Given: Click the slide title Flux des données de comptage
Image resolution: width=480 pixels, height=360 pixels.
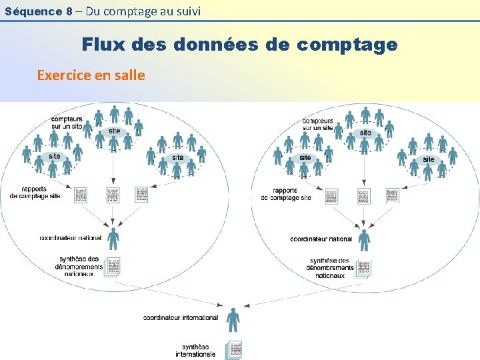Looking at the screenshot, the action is click(x=239, y=45).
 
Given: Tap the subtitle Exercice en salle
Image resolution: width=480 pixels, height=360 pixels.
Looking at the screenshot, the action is click(x=91, y=75).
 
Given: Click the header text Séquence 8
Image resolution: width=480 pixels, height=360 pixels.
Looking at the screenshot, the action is click(x=39, y=11).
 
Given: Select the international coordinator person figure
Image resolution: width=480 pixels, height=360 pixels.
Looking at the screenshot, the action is click(x=233, y=319).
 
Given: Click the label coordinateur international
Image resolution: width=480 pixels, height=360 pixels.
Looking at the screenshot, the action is click(x=181, y=317).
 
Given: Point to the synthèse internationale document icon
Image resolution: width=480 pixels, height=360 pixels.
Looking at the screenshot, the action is click(x=234, y=350).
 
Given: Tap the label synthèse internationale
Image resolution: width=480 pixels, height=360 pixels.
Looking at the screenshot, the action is click(x=195, y=351).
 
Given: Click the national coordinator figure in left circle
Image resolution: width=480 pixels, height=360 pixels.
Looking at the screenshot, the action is click(x=113, y=238).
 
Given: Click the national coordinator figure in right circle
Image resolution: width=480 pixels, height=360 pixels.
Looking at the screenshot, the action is click(x=364, y=238).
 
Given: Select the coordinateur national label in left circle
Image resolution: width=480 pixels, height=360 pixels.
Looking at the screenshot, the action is click(x=71, y=237).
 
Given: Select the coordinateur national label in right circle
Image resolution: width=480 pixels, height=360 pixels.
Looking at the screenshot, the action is click(x=321, y=239).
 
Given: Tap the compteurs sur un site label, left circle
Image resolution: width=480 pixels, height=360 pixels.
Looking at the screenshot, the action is click(x=67, y=123).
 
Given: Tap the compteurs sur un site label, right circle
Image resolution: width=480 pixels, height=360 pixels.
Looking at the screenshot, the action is click(x=317, y=124).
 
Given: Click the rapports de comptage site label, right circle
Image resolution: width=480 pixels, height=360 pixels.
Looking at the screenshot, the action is click(x=286, y=194).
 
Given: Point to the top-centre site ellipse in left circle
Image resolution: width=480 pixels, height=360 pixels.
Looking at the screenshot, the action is click(x=115, y=131).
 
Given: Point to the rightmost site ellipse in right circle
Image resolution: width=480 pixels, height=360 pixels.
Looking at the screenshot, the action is click(x=429, y=159).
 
